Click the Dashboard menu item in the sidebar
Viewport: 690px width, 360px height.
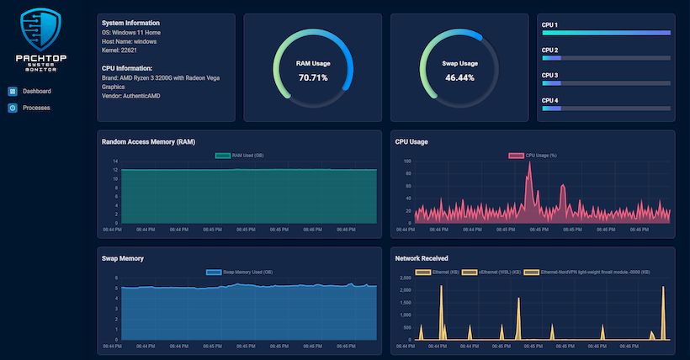pos(36,91)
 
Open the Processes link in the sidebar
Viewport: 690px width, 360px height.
pos(35,108)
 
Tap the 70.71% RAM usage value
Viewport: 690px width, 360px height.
pos(313,77)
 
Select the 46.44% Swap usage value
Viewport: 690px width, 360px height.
pos(459,77)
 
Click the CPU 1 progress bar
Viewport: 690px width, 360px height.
pos(606,34)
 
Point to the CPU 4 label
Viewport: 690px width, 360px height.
pos(549,100)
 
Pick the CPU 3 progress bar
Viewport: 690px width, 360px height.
pos(606,83)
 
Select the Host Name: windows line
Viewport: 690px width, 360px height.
pos(129,41)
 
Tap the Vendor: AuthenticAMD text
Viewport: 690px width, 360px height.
pos(130,96)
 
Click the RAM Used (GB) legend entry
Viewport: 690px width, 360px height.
pos(240,156)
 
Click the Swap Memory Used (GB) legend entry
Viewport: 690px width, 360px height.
pos(240,272)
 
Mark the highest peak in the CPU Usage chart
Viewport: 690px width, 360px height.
pos(529,163)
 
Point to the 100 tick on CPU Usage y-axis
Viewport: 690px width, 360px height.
pos(407,161)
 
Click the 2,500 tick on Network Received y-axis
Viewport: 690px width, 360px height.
pos(404,278)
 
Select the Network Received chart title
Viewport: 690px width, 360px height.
pos(422,258)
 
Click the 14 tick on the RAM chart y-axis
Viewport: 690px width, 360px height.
pos(115,161)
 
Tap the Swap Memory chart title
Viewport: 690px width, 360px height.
pos(123,258)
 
